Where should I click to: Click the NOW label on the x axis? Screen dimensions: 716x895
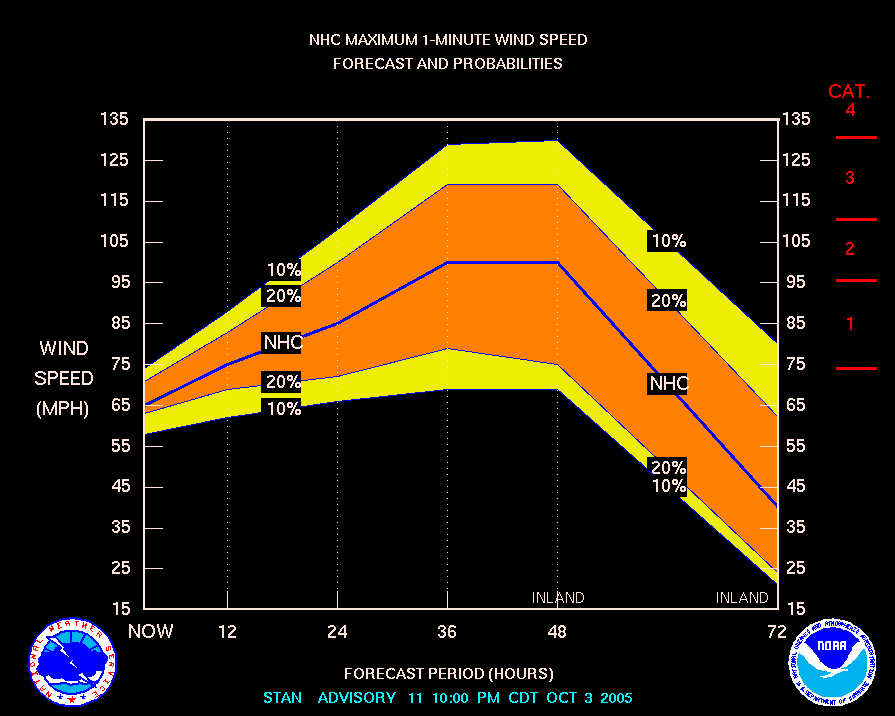coord(150,631)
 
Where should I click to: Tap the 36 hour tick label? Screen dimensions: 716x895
coord(447,631)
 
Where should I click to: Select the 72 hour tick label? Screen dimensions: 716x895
coord(777,631)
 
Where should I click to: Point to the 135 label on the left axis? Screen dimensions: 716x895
coord(115,119)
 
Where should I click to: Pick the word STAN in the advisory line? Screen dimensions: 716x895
coord(283,697)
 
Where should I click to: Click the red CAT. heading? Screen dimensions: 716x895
coord(849,91)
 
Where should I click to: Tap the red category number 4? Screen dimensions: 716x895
coord(850,110)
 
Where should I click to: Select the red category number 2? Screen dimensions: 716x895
coord(849,249)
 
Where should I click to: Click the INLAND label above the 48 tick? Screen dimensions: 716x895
coord(558,598)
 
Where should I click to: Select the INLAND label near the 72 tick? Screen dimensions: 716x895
coord(742,598)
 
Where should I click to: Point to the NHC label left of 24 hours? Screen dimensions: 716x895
coord(282,342)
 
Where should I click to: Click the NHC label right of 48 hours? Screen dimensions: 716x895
coord(669,383)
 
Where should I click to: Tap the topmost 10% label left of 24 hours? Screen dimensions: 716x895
coord(283,270)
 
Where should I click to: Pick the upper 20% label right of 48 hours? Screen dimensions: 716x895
coord(668,300)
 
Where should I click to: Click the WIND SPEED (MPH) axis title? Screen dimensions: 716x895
coord(64,379)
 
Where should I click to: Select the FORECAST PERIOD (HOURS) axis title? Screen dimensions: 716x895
coord(448,673)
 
